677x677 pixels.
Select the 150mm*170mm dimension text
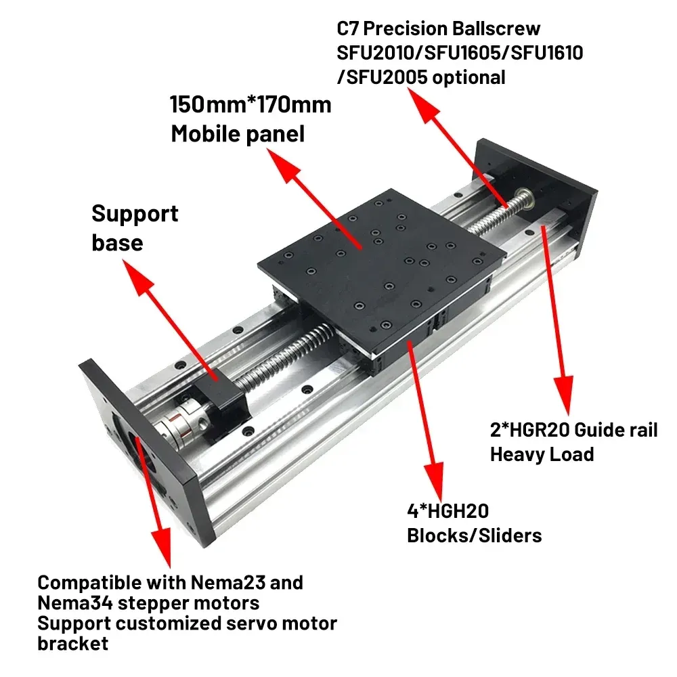pyautogui.click(x=250, y=105)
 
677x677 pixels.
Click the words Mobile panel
pyautogui.click(x=238, y=133)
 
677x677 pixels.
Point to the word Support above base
pyautogui.click(x=135, y=214)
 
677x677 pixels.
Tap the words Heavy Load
pyautogui.click(x=542, y=454)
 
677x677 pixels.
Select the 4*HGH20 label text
pyautogui.click(x=447, y=511)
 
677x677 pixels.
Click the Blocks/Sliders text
pyautogui.click(x=474, y=536)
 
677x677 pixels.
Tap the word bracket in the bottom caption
pyautogui.click(x=72, y=643)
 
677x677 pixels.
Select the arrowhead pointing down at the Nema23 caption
pyautogui.click(x=162, y=555)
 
